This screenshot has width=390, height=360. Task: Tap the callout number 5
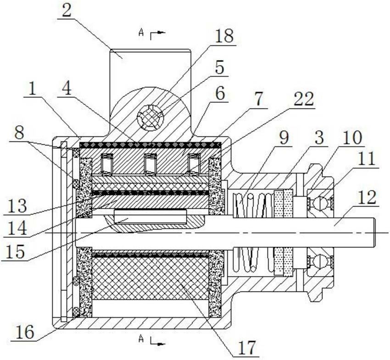(219, 69)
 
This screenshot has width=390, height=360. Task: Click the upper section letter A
(141, 33)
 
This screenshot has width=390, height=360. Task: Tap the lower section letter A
(141, 339)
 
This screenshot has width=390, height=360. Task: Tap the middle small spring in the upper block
(150, 164)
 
